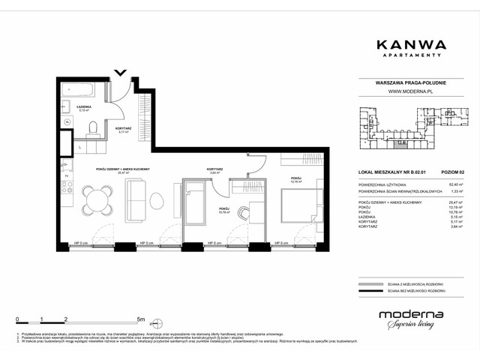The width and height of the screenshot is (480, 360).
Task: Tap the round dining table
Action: coord(94,199)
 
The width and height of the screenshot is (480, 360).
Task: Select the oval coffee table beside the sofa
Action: coord(157,201)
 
